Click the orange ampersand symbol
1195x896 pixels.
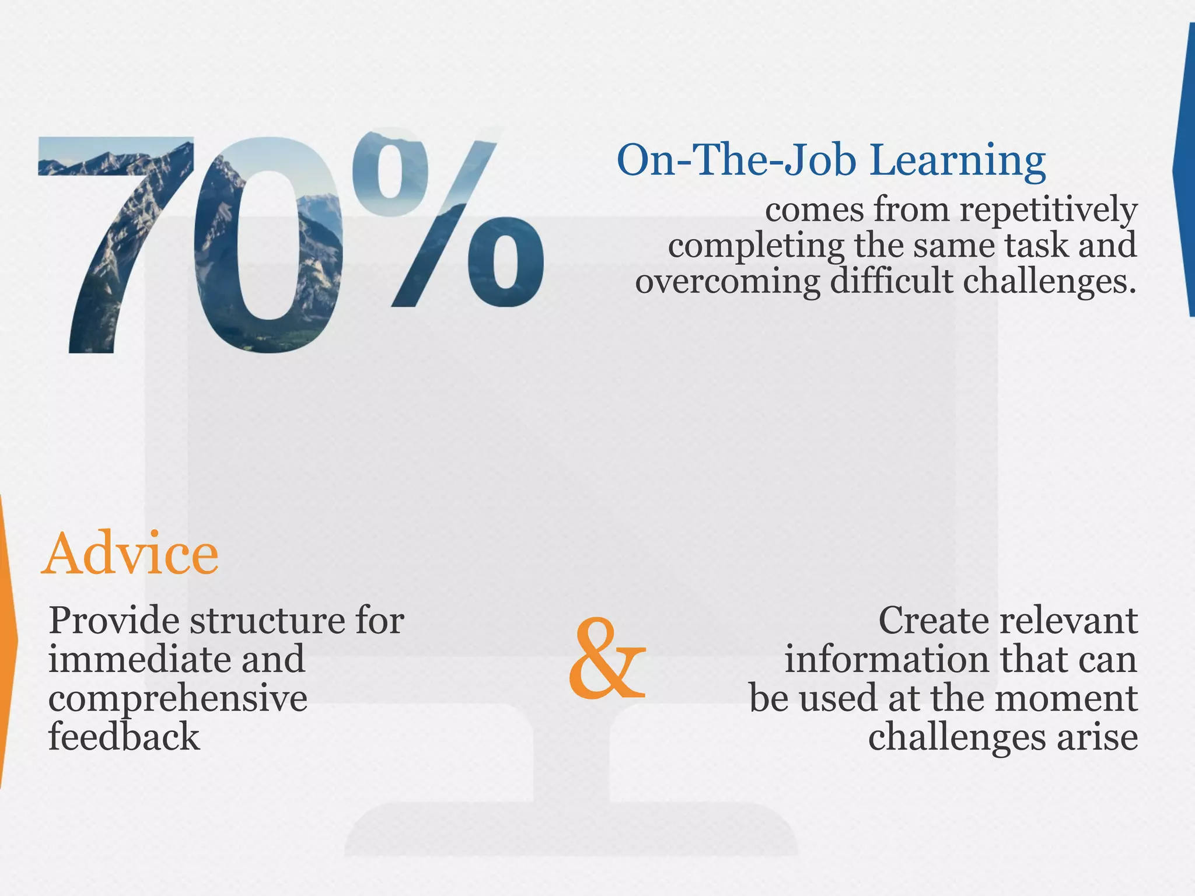click(x=607, y=659)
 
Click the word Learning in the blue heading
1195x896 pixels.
click(x=957, y=160)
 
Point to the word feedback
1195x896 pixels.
click(x=124, y=737)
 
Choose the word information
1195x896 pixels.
click(x=886, y=659)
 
